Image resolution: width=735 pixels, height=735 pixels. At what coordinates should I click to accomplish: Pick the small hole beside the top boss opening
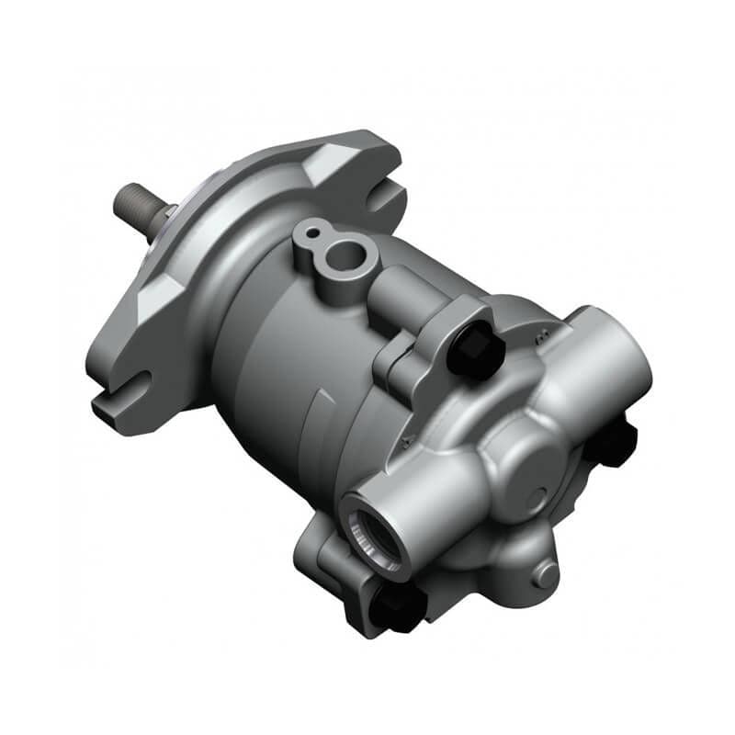[x=311, y=229]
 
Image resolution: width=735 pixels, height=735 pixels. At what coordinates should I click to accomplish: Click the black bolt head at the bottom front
[x=397, y=608]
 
